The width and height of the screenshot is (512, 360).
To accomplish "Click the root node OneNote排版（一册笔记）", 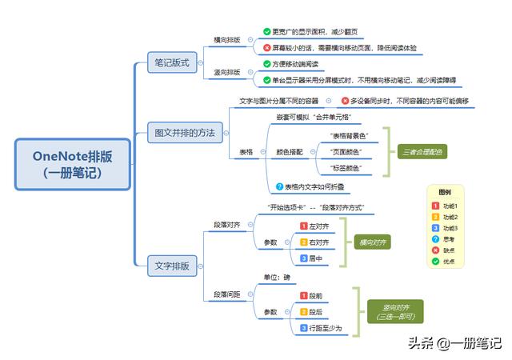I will point(73,164).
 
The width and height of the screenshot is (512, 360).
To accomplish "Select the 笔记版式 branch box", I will point(172,62).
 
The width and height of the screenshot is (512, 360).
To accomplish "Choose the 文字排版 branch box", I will point(172,266).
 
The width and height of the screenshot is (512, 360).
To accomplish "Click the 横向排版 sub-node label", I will point(227,39).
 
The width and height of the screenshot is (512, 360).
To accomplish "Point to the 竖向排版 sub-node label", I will point(227,73).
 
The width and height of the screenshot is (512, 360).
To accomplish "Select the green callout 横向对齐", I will point(372,242).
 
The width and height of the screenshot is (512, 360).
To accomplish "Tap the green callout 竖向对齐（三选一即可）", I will point(392,311).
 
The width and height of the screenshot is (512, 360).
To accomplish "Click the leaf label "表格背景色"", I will point(346,135).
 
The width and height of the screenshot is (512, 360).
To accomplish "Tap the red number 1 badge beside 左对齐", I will point(303,226).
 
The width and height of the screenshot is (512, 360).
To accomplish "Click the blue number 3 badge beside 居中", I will point(303,258).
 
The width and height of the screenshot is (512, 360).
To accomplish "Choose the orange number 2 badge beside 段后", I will point(303,311).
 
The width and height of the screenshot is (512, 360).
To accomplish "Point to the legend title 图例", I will point(445,192).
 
